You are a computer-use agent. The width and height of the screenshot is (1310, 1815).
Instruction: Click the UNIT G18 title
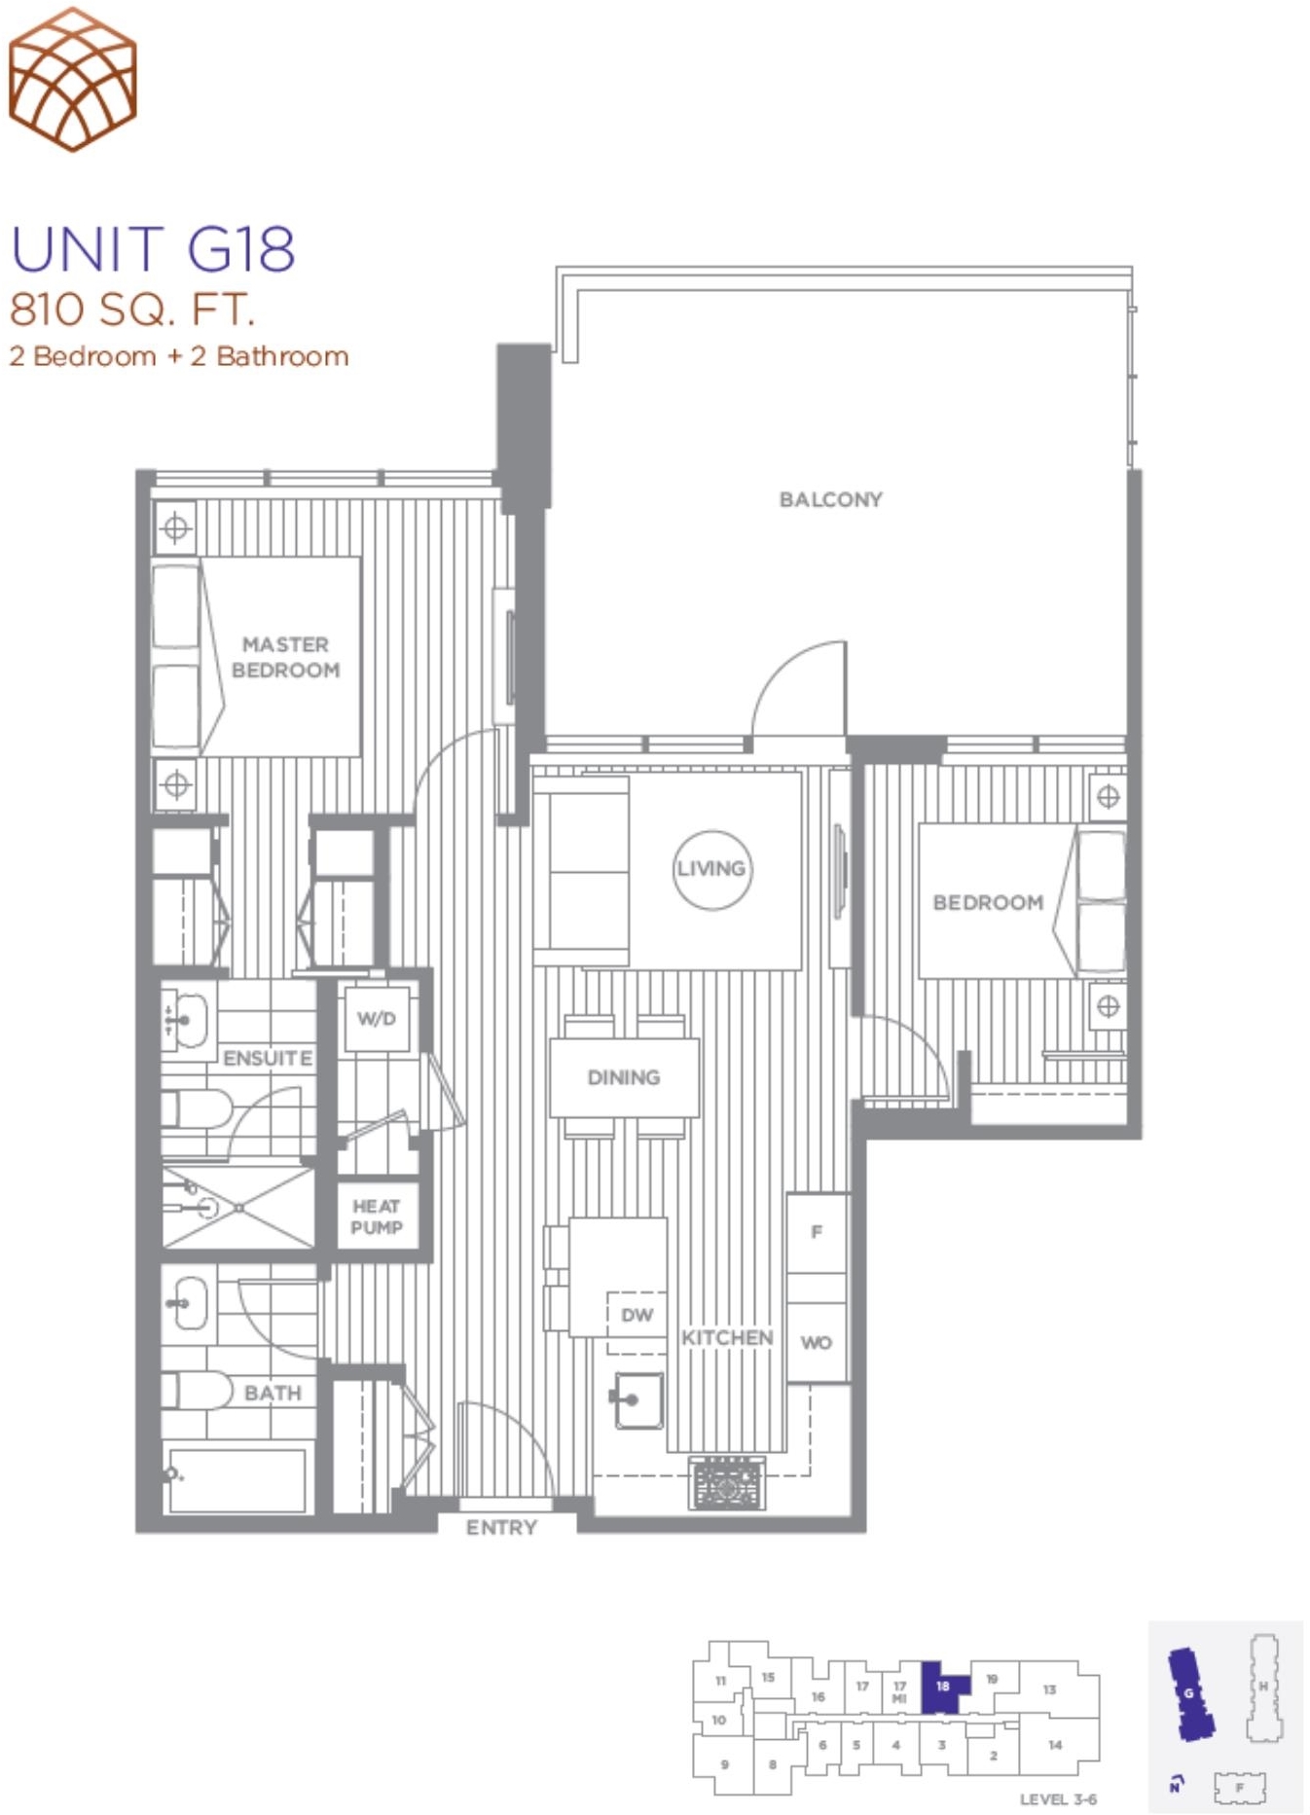click(x=152, y=249)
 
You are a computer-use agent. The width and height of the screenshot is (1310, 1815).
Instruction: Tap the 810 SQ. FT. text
click(x=131, y=309)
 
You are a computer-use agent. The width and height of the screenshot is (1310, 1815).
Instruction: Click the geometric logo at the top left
click(x=72, y=79)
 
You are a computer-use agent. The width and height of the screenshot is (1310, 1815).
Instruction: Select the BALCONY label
click(x=830, y=499)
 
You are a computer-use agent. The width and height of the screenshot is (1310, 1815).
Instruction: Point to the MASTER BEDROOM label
click(x=285, y=657)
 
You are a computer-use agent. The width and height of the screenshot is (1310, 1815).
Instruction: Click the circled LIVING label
click(x=712, y=869)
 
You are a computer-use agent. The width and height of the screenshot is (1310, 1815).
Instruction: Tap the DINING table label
click(x=624, y=1077)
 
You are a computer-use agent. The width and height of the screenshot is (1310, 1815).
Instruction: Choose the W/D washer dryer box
click(x=377, y=1019)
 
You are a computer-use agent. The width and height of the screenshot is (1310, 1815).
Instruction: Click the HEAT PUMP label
click(x=377, y=1216)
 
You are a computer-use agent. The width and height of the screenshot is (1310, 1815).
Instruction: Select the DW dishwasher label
click(x=637, y=1315)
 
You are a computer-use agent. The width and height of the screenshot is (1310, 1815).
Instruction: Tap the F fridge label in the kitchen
click(x=817, y=1231)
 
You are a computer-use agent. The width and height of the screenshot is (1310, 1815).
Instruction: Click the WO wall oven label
click(x=816, y=1342)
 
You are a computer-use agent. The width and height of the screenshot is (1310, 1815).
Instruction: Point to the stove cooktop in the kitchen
click(x=727, y=1482)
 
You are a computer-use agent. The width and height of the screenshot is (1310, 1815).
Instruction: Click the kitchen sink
click(x=638, y=1399)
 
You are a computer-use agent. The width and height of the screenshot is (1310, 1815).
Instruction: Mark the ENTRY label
click(x=501, y=1527)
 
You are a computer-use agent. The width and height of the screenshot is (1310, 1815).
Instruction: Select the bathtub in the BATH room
click(x=237, y=1479)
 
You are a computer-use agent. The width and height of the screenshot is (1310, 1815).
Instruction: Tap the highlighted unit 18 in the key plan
click(x=943, y=1687)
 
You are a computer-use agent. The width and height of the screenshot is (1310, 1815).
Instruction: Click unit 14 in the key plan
click(x=1055, y=1745)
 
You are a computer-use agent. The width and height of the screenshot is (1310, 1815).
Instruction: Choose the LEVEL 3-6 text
click(x=1058, y=1798)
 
